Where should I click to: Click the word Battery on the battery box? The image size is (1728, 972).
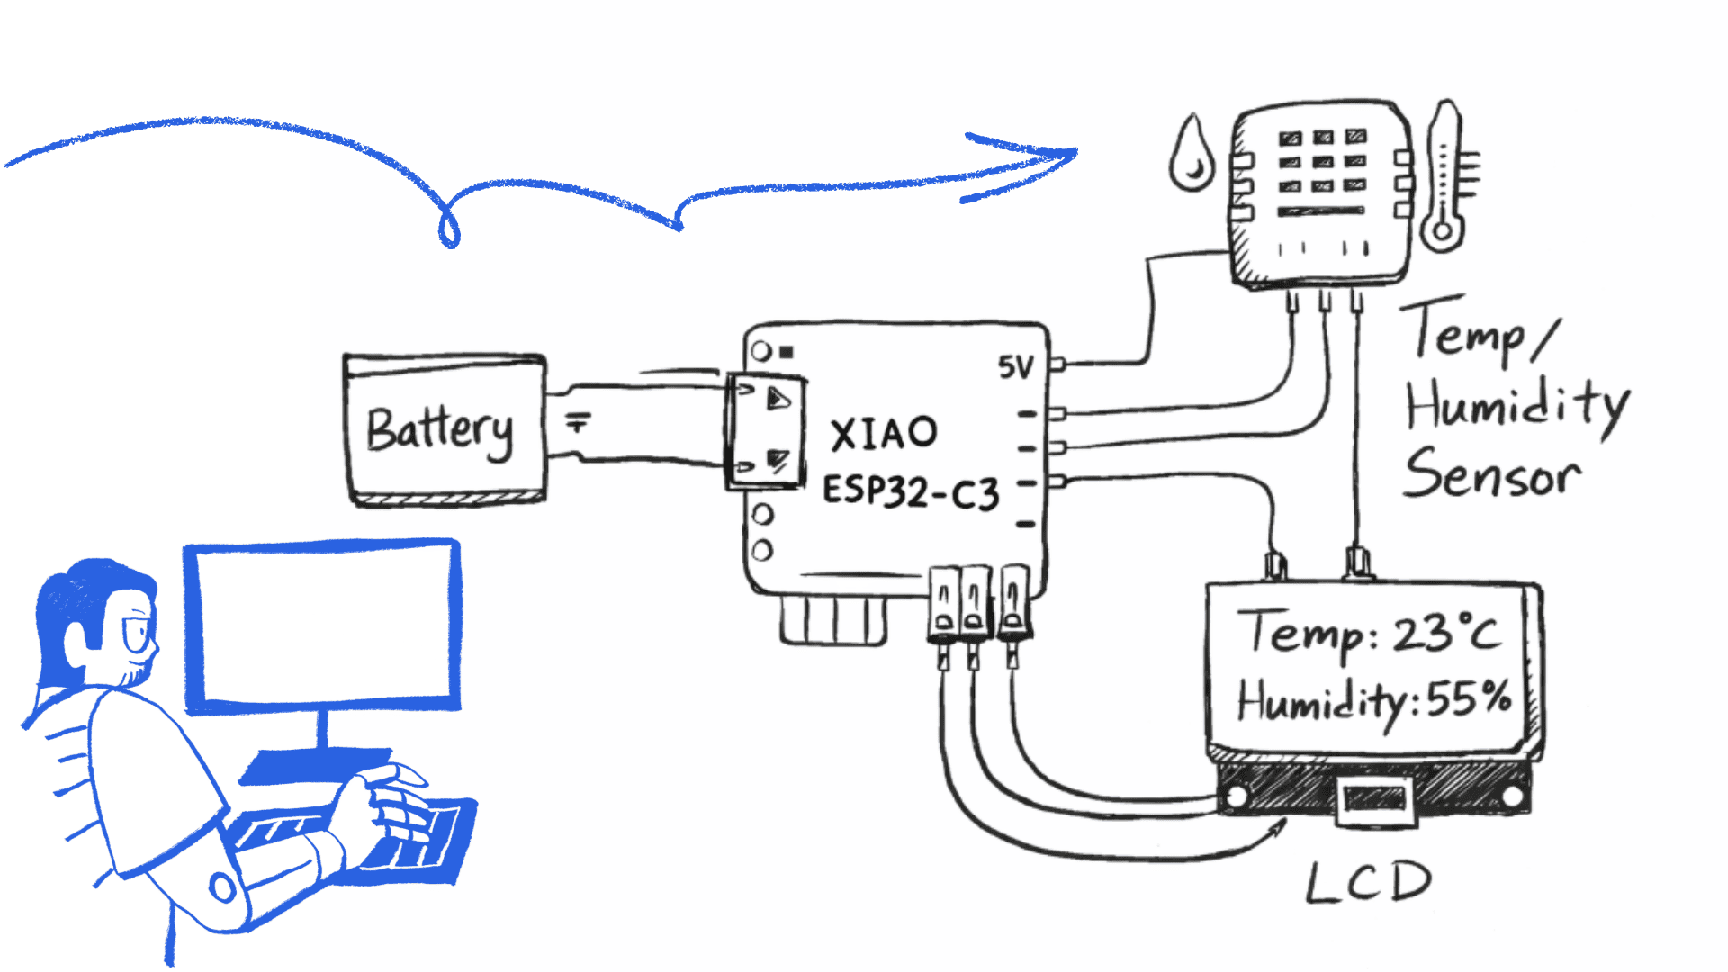(440, 430)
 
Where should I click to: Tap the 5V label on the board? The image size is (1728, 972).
(1016, 367)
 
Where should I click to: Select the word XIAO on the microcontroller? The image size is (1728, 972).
(884, 434)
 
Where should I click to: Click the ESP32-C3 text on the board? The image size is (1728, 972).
(911, 492)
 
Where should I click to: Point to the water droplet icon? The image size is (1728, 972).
(1191, 155)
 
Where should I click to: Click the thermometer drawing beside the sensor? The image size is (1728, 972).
(1445, 175)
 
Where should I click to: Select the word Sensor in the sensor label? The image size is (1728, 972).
(1492, 475)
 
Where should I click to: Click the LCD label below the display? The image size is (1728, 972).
(1368, 882)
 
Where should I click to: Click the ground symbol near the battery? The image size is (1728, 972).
(578, 421)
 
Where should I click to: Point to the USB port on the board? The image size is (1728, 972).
(764, 432)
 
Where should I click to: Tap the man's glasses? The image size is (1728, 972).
(139, 635)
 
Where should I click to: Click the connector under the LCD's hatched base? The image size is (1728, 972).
(1373, 800)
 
